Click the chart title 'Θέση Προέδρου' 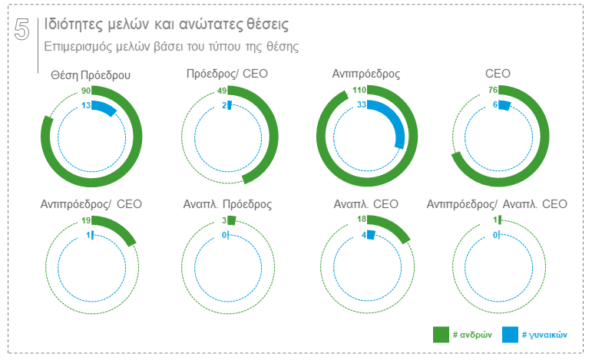pyautogui.click(x=91, y=75)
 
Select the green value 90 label pyautogui.click(x=86, y=91)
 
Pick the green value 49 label pyautogui.click(x=222, y=91)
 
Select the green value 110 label pyautogui.click(x=359, y=91)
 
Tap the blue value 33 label pyautogui.click(x=362, y=105)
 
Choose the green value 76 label pyautogui.click(x=494, y=91)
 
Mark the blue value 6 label pyautogui.click(x=496, y=105)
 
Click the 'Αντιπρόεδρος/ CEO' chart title pyautogui.click(x=91, y=204)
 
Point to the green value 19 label pyautogui.click(x=86, y=221)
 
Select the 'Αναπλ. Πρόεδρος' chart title pyautogui.click(x=228, y=204)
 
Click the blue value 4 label pyautogui.click(x=364, y=235)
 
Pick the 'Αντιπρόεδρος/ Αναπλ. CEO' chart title pyautogui.click(x=497, y=204)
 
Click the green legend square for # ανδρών pyautogui.click(x=441, y=335)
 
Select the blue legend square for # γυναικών pyautogui.click(x=510, y=335)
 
